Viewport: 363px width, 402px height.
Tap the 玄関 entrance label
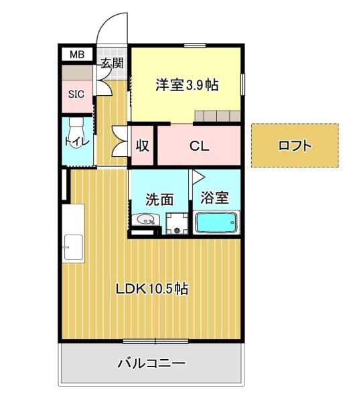tap(113, 64)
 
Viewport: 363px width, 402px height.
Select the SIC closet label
tap(76, 94)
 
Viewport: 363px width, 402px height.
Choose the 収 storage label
tap(143, 145)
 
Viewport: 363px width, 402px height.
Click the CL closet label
tap(198, 145)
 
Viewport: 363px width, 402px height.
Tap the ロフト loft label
tap(295, 145)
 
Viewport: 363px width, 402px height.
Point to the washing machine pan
tap(177, 223)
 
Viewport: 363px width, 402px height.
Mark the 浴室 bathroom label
tap(216, 198)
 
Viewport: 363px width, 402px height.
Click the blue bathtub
tap(216, 222)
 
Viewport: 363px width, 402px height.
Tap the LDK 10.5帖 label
tap(151, 289)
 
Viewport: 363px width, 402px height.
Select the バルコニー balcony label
tap(151, 364)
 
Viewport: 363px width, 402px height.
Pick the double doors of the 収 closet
tap(121, 141)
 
